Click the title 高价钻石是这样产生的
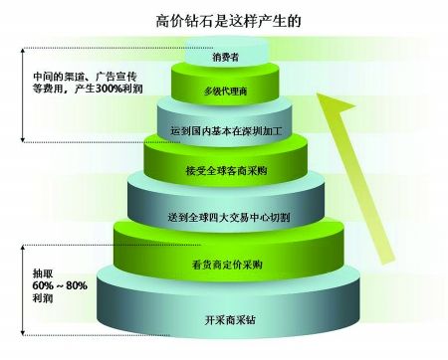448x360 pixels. point(228,21)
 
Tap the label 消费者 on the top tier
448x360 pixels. point(226,57)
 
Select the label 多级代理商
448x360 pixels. point(225,91)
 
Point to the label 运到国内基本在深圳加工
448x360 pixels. point(226,130)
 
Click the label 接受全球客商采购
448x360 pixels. point(226,171)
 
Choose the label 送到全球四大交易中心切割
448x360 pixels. point(229,218)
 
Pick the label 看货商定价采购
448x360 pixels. point(227,265)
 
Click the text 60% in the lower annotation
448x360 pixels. point(43,285)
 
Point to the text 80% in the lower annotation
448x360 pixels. point(77,285)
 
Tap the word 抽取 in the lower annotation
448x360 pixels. point(43,273)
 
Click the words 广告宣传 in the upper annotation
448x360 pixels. point(116,77)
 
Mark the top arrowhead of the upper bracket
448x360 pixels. point(23,51)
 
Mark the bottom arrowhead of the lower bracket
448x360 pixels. point(23,332)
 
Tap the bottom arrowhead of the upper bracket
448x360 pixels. point(23,139)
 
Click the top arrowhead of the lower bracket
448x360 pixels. point(23,248)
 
